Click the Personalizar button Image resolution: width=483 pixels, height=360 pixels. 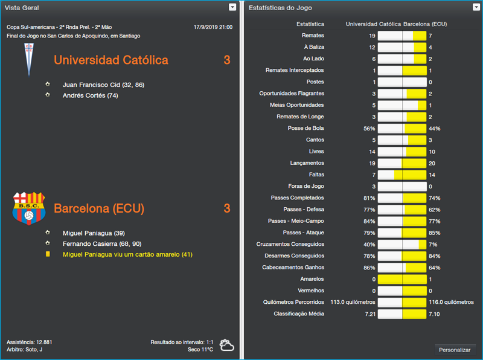tap(455, 350)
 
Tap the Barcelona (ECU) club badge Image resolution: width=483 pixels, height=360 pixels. tap(28, 208)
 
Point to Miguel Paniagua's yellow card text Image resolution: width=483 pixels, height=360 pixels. tap(127, 255)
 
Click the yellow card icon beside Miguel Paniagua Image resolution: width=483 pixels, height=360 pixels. tap(48, 255)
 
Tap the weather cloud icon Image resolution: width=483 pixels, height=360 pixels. tap(227, 346)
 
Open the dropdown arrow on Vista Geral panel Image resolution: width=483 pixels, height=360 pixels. tap(232, 7)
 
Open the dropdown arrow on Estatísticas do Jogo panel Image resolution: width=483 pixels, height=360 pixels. tap(476, 7)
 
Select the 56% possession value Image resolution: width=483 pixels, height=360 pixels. tap(369, 129)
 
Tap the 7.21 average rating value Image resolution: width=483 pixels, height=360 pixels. tap(368, 314)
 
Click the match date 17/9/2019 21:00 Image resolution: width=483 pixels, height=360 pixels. tap(213, 27)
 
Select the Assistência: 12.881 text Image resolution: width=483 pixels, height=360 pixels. tap(30, 342)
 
